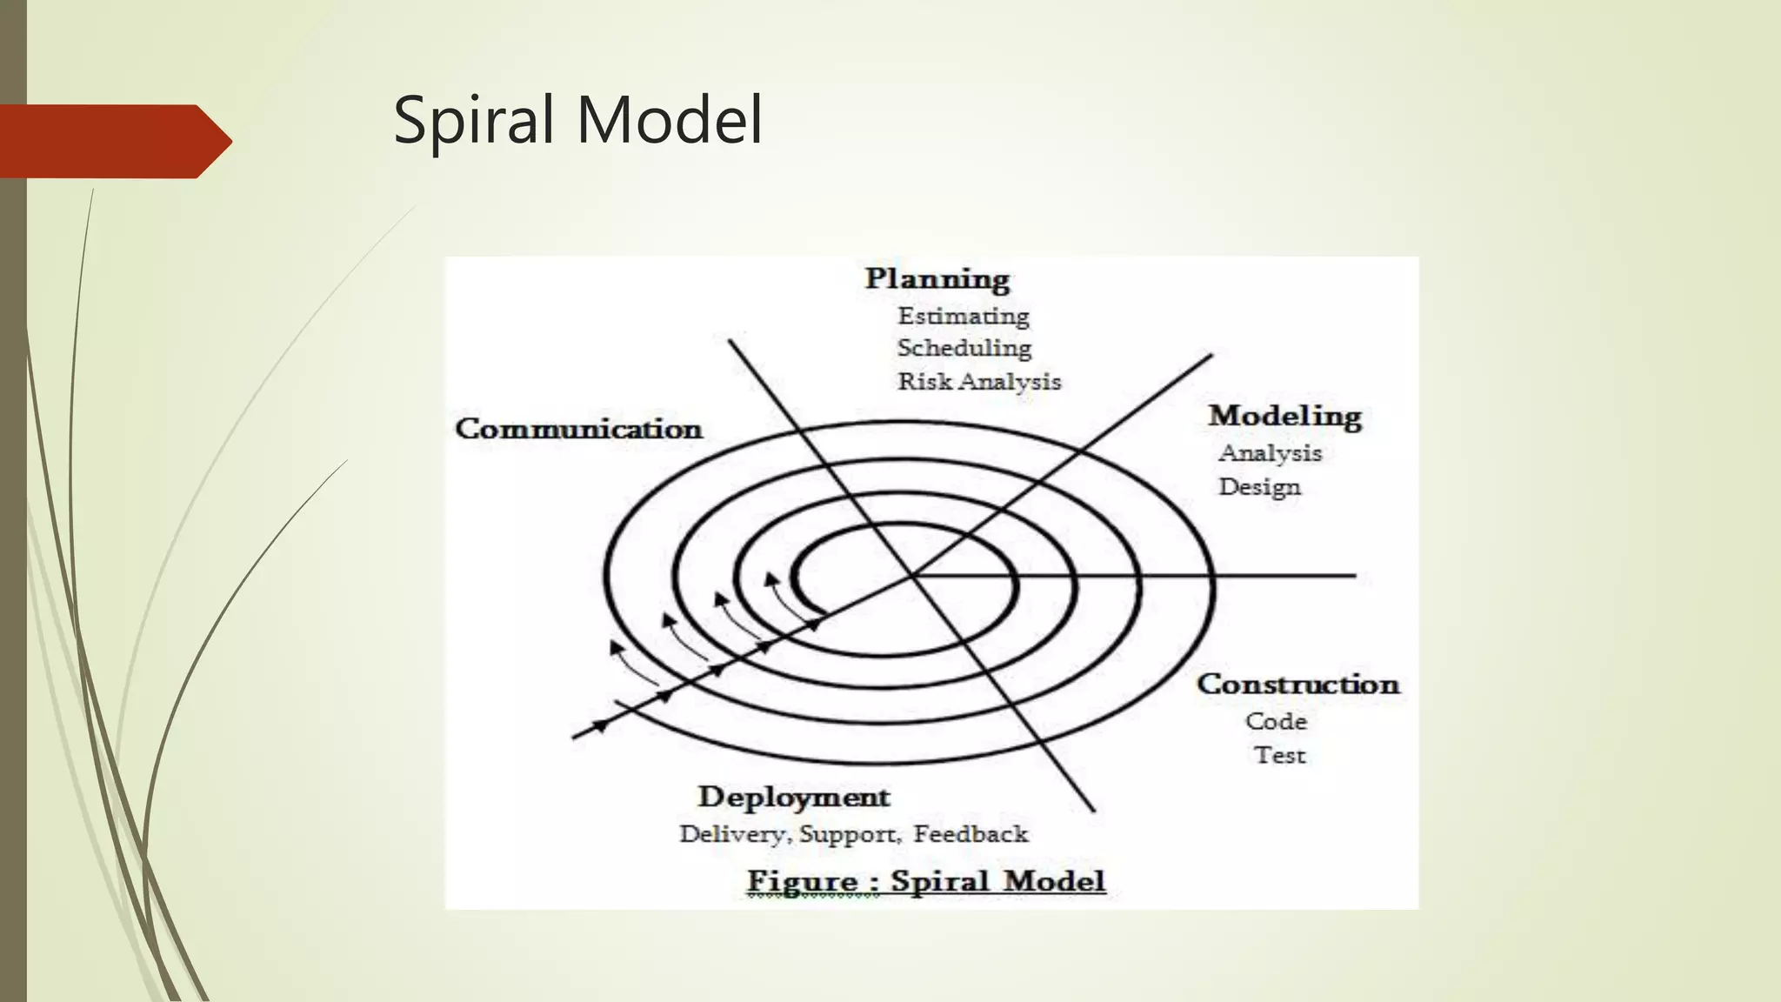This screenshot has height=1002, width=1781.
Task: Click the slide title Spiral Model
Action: point(577,120)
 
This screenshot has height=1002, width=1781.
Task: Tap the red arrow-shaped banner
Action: point(113,141)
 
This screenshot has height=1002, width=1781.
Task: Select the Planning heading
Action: point(937,279)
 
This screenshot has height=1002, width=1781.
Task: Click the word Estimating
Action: point(964,316)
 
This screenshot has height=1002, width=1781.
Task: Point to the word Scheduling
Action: point(964,348)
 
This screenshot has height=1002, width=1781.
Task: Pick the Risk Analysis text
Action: point(979,382)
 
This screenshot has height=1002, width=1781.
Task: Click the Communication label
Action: point(579,429)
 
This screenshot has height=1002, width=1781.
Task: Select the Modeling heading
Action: point(1284,417)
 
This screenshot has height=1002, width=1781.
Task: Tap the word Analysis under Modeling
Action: point(1271,453)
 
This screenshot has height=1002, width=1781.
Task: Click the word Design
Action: point(1259,487)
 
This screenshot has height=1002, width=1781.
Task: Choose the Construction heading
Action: point(1298,685)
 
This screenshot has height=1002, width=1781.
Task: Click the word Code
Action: point(1276,721)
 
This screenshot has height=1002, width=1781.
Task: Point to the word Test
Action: point(1279,755)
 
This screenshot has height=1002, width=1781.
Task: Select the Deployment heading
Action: point(794,798)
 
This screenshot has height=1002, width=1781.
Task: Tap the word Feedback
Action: point(971,834)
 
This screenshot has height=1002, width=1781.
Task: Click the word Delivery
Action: point(732,834)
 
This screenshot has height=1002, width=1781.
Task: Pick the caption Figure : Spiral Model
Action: point(926,881)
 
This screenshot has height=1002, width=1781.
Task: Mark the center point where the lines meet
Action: point(912,576)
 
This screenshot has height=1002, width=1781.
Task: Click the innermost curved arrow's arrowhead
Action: point(770,578)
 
